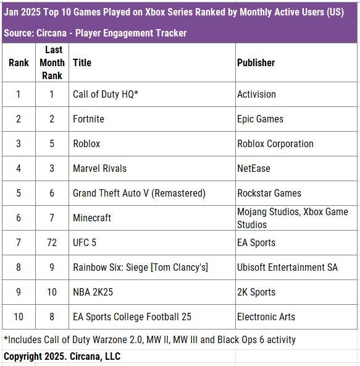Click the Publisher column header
(256, 62)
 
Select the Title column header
(82, 62)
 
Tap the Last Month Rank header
(52, 62)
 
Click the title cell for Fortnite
(88, 119)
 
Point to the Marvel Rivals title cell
(99, 169)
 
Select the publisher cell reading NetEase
(254, 169)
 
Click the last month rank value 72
(52, 243)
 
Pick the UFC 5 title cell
(85, 243)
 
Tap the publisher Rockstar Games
(269, 194)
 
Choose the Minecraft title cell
(92, 218)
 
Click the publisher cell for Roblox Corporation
(275, 144)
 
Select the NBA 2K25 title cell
(93, 292)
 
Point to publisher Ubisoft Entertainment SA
(287, 268)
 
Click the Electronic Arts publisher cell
(266, 317)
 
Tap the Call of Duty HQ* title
(106, 95)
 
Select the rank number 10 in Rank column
(19, 317)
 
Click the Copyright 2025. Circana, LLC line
(62, 357)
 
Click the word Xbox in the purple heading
(155, 12)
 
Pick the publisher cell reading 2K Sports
(256, 292)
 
